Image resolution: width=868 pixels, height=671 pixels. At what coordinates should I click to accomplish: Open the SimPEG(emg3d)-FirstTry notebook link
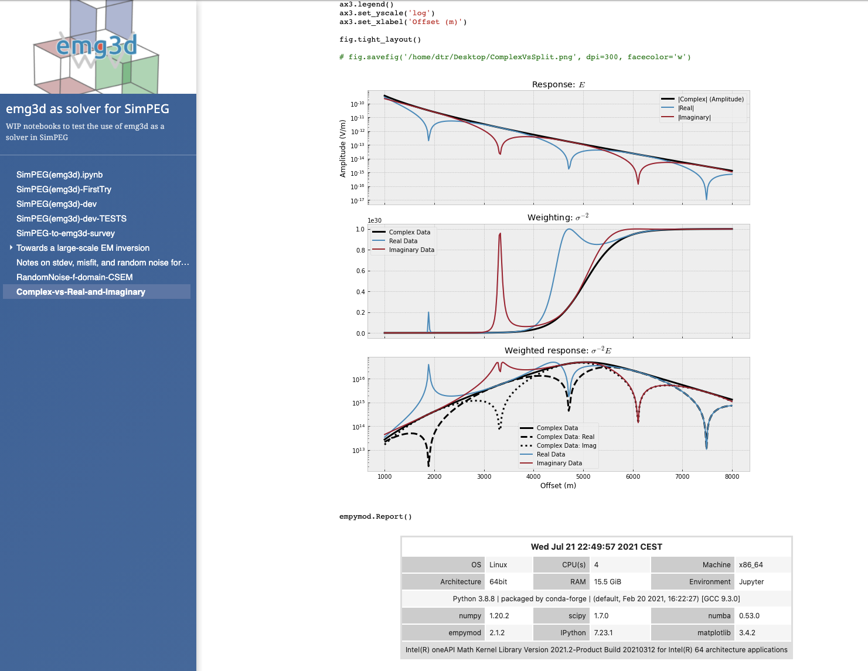tap(64, 189)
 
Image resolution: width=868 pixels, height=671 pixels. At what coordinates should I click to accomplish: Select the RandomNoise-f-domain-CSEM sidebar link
tap(74, 277)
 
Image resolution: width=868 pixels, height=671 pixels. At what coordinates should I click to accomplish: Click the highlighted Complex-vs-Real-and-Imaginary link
tap(81, 292)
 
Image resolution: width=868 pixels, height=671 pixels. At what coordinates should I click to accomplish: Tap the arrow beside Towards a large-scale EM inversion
tap(11, 248)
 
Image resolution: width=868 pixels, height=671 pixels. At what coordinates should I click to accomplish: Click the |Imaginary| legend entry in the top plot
tap(694, 117)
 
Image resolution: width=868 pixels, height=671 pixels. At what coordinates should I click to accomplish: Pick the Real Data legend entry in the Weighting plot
tap(403, 241)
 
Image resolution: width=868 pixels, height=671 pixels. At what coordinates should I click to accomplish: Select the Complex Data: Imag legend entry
tap(566, 445)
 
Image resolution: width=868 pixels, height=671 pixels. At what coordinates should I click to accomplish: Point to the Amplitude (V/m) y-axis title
tap(343, 148)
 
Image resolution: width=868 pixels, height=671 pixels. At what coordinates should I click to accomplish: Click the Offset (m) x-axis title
tap(558, 485)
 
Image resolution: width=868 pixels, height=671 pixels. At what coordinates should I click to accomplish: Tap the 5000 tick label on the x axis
tap(583, 476)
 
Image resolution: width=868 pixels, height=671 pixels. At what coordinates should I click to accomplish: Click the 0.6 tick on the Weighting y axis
tap(360, 271)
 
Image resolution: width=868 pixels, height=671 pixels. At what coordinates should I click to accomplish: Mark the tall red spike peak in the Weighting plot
tap(500, 234)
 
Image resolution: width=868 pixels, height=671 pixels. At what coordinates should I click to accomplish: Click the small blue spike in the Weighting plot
tap(428, 314)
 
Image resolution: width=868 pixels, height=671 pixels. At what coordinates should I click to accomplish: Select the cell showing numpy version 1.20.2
tap(499, 616)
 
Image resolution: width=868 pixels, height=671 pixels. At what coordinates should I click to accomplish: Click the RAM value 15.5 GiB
tap(608, 582)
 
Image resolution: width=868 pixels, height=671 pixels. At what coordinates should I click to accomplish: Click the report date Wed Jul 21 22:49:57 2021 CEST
tap(596, 547)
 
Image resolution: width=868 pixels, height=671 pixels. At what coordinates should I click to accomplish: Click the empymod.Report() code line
tap(376, 516)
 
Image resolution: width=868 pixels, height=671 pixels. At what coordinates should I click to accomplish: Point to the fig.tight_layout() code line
tap(380, 39)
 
